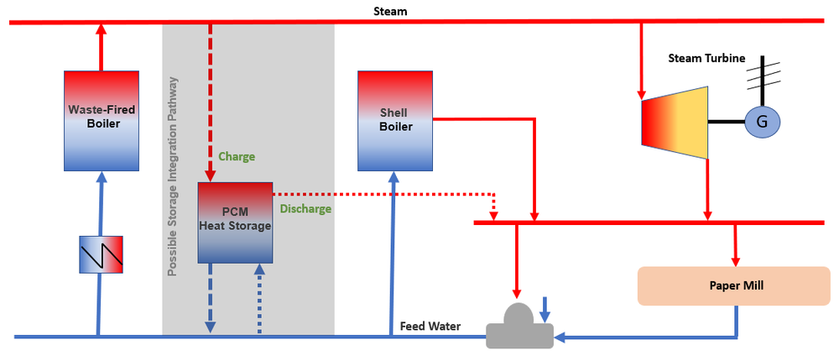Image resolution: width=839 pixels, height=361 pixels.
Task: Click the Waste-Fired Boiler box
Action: pos(101,122)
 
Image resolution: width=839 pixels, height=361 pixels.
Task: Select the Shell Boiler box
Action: pos(395,121)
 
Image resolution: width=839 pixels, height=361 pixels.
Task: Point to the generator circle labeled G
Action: pos(763,123)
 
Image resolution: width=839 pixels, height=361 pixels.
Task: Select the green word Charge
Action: pos(237,156)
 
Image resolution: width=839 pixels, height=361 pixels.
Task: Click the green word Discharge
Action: pos(305,209)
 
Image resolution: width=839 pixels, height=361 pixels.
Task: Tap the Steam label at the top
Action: pos(391,10)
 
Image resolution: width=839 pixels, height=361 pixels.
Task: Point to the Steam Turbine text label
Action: pos(705,58)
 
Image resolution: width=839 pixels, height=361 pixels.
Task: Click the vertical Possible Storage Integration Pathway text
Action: pos(172,176)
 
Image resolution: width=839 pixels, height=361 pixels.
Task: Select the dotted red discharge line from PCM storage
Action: pos(378,194)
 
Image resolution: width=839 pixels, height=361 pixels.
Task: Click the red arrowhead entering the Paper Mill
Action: pos(736,257)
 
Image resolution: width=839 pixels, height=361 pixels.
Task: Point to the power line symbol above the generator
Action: pos(763,76)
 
